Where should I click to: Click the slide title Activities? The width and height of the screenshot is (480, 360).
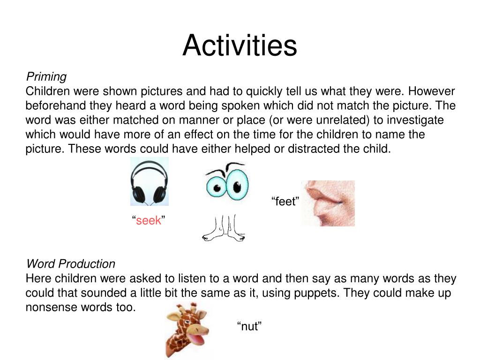240,46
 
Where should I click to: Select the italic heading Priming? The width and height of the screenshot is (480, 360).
46,76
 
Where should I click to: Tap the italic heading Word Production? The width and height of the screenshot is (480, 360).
70,263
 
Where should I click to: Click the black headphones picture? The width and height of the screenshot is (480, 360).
149,182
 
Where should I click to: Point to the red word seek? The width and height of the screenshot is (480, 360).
149,220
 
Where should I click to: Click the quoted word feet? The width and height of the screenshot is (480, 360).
285,202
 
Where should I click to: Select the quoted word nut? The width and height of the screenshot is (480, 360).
249,327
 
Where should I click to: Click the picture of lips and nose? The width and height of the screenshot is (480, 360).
328,203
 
